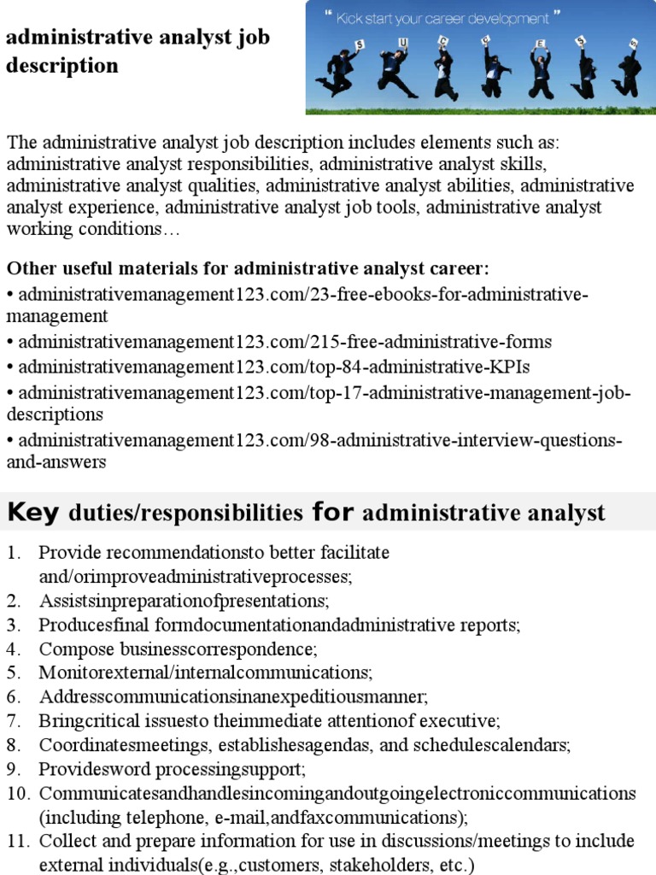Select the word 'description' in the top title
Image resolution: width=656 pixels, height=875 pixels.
[x=62, y=65]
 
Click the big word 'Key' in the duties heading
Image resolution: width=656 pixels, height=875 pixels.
[x=33, y=512]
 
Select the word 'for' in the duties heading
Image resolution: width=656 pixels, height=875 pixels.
[x=332, y=512]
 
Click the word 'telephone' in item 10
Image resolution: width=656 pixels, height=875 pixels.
[x=159, y=816]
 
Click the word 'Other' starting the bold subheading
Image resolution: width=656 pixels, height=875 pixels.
[x=31, y=268]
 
